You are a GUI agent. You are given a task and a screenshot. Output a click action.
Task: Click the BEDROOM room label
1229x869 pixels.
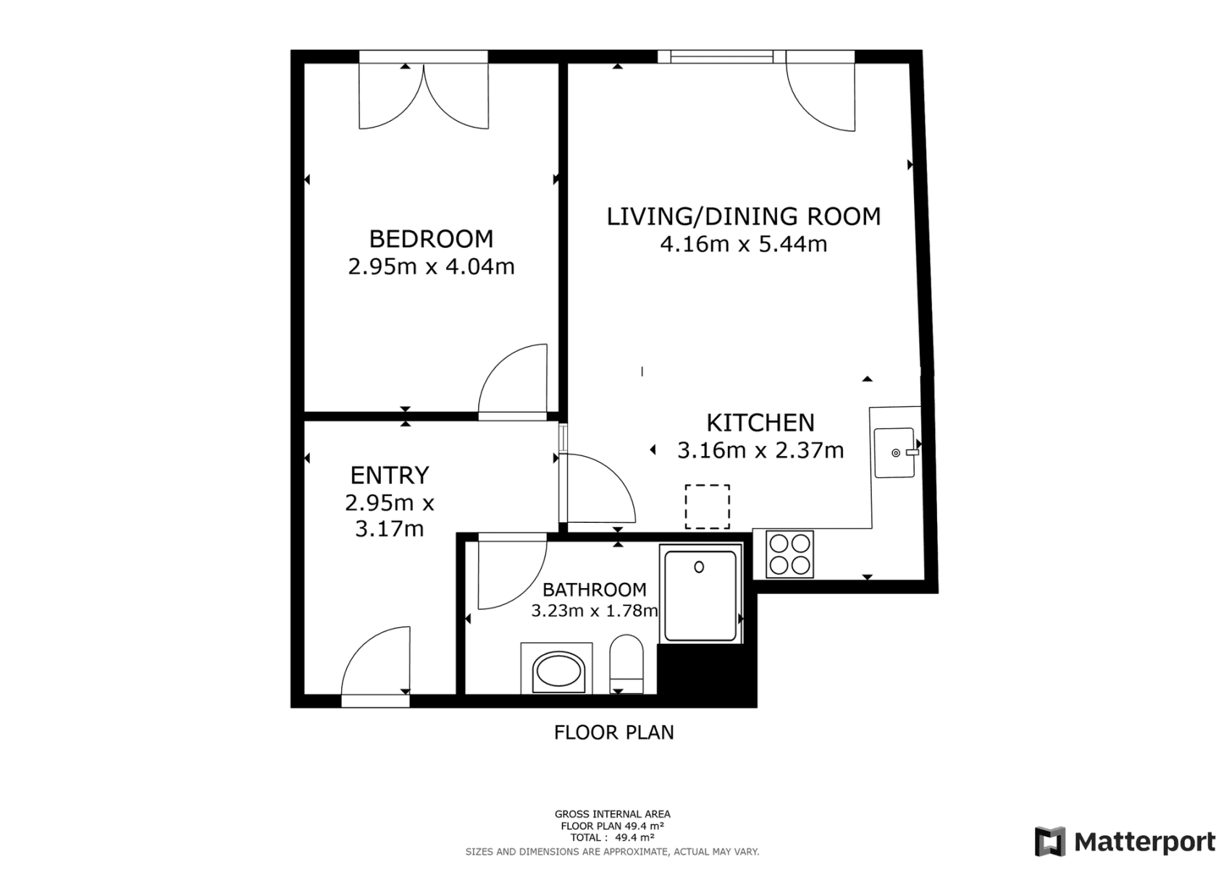click(431, 239)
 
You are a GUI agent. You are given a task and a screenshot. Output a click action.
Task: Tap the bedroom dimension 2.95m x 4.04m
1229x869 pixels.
click(431, 266)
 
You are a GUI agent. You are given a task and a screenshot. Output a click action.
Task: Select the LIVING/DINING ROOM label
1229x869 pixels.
click(743, 217)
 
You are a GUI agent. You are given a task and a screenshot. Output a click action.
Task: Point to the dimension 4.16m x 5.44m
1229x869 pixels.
click(743, 244)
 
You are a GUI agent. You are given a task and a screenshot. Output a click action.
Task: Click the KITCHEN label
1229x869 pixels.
click(760, 422)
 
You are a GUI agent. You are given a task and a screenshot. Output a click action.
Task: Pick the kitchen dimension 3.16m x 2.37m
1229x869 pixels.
click(760, 450)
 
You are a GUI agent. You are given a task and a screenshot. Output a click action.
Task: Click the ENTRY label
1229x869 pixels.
click(390, 475)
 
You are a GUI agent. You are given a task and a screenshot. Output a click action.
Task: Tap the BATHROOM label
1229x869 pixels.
click(594, 589)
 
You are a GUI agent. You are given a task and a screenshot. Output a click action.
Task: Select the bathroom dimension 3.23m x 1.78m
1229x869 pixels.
click(594, 610)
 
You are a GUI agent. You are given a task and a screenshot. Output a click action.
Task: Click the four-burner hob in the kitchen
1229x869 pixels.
click(789, 554)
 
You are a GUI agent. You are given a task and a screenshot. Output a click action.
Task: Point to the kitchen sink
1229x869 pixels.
click(894, 453)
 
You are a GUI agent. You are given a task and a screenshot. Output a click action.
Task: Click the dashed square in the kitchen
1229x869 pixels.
click(707, 506)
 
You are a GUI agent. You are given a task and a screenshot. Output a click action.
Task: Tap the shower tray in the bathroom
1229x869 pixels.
click(700, 595)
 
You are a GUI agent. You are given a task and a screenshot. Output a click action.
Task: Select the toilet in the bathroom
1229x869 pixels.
click(626, 663)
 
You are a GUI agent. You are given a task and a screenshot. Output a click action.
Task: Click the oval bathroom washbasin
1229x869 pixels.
click(557, 671)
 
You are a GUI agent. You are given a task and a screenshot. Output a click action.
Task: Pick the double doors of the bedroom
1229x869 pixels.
click(424, 94)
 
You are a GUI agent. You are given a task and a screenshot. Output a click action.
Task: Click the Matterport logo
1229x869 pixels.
click(1125, 841)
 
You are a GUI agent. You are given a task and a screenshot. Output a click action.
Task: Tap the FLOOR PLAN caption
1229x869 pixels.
click(613, 733)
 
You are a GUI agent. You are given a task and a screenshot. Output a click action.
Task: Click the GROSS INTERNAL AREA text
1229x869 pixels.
click(612, 814)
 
